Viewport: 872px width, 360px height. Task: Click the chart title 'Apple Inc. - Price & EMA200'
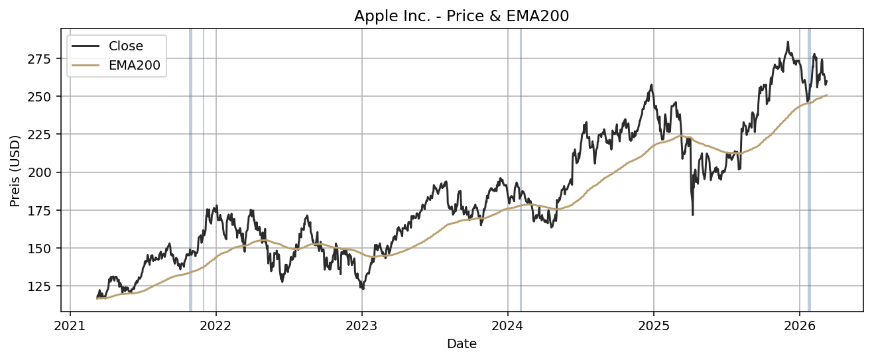462,16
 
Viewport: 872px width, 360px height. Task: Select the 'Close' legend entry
126,46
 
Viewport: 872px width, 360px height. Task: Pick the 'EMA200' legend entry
134,65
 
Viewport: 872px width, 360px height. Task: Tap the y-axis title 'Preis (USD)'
15,170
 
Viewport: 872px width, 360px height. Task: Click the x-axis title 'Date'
462,344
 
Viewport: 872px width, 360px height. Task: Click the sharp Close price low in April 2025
692,214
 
